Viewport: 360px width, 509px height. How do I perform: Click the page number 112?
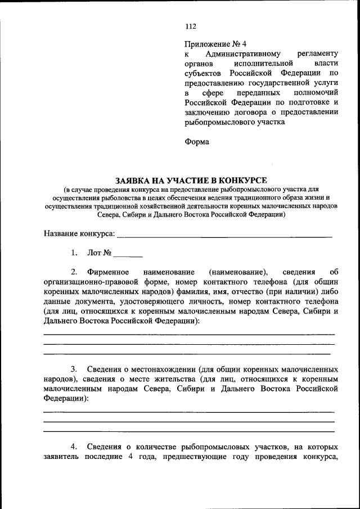click(191, 26)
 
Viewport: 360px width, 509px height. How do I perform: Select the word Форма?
click(197, 142)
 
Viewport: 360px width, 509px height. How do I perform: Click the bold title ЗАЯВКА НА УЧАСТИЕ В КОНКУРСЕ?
click(191, 180)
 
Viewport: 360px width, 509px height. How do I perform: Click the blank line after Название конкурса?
click(224, 235)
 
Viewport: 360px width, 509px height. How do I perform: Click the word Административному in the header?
click(243, 54)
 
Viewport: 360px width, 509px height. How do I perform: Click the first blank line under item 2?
click(189, 334)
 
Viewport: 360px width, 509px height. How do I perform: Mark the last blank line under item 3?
click(189, 431)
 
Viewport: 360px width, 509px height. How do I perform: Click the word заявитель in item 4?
click(62, 457)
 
